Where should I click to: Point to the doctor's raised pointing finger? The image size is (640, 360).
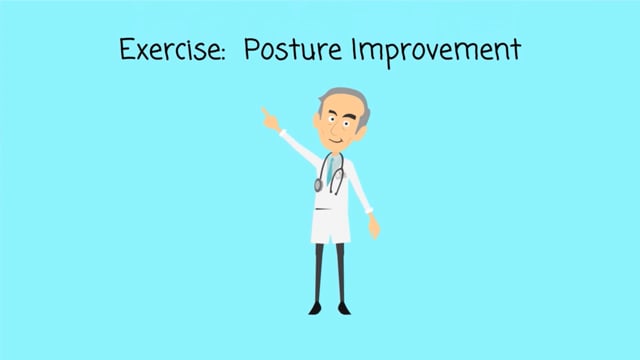point(265,111)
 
